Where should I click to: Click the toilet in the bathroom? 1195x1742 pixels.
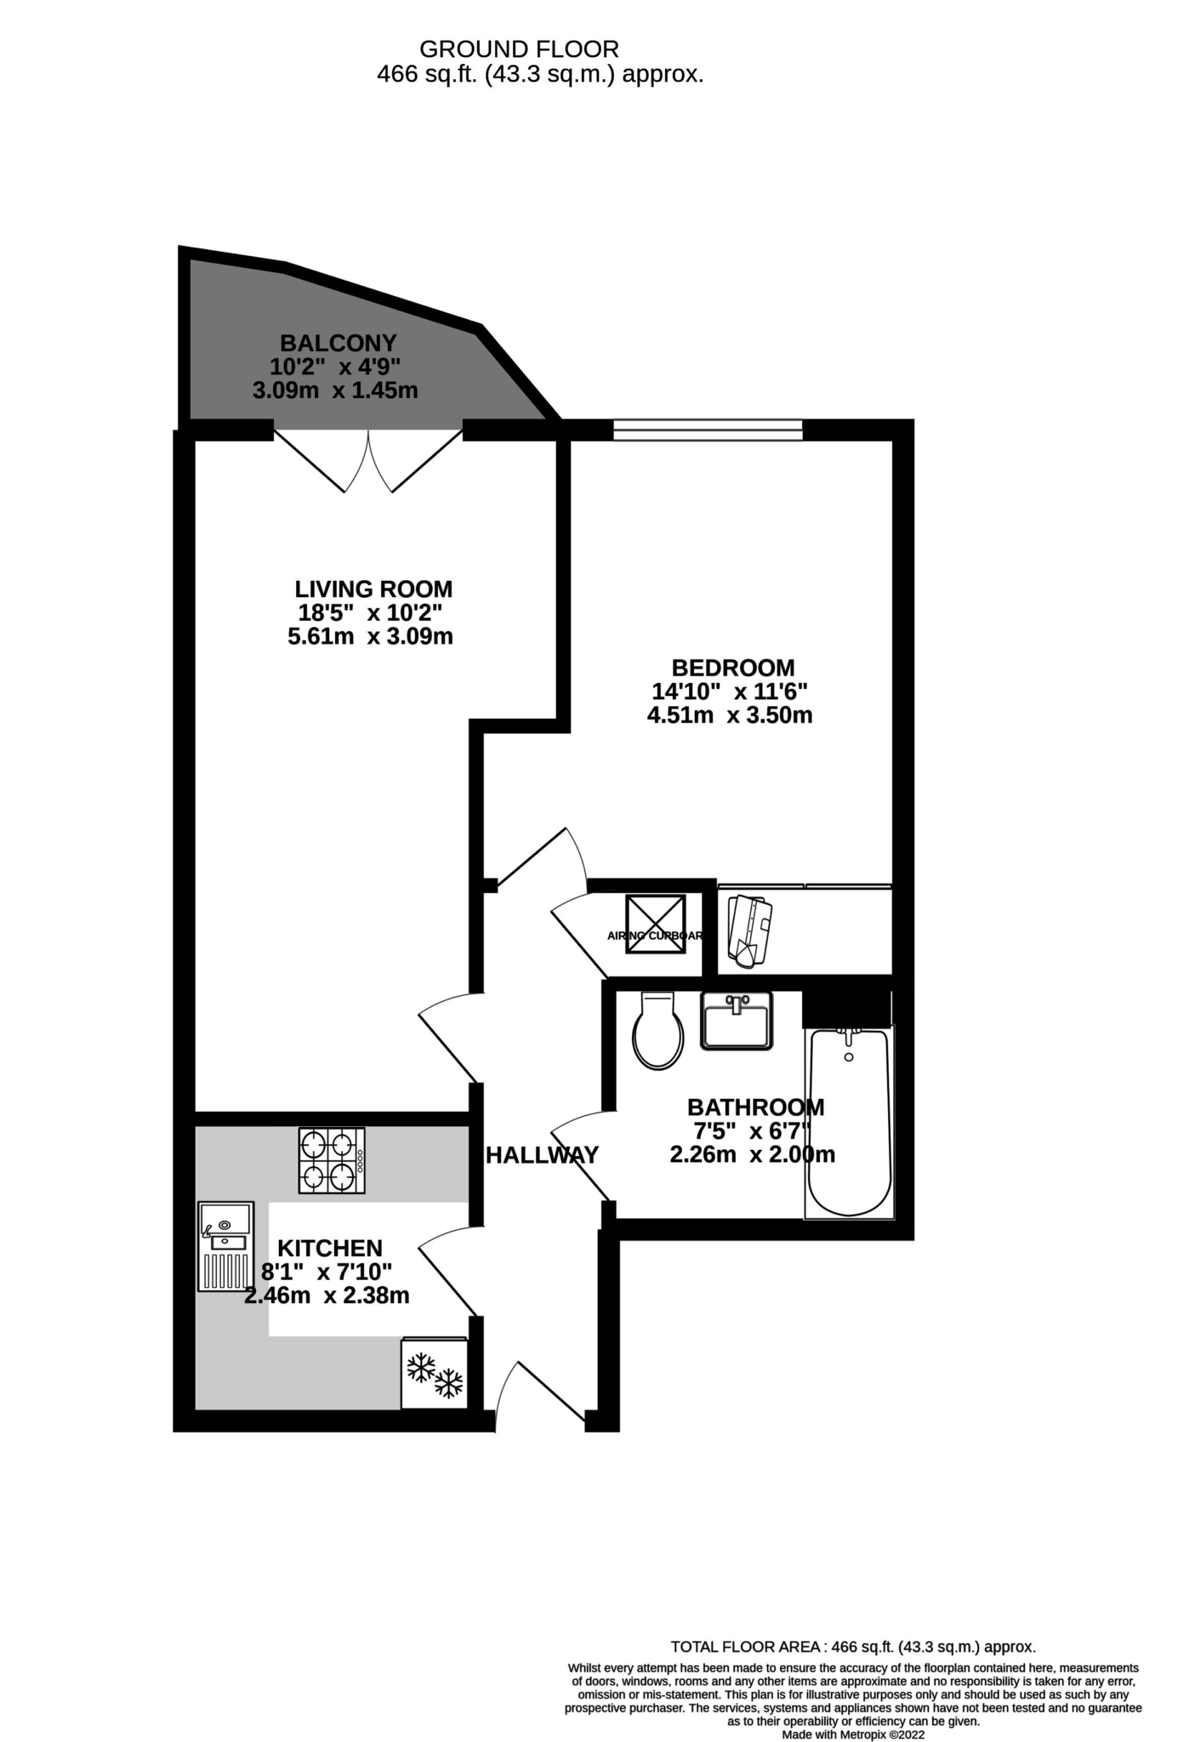(658, 1032)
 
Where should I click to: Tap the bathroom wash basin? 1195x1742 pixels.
(736, 1020)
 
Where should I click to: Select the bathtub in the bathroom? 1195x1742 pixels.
(849, 1123)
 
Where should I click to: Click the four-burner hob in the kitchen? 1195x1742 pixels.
(332, 1160)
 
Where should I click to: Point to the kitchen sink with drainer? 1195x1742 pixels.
(226, 1246)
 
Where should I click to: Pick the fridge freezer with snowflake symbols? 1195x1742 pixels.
(435, 1375)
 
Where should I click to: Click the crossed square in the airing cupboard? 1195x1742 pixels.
(656, 924)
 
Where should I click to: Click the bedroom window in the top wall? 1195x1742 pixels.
(708, 430)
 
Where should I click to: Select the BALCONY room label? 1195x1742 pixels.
(339, 344)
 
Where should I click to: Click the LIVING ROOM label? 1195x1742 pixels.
(373, 589)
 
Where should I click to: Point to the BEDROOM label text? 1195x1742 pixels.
(733, 668)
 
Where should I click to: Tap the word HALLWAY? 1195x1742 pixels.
(542, 1155)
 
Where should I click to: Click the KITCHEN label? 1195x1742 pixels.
(330, 1249)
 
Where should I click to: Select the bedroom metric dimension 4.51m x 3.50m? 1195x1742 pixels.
(730, 715)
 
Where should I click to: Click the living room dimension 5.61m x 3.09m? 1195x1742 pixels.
(370, 636)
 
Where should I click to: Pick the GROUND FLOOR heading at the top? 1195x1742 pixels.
(519, 49)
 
